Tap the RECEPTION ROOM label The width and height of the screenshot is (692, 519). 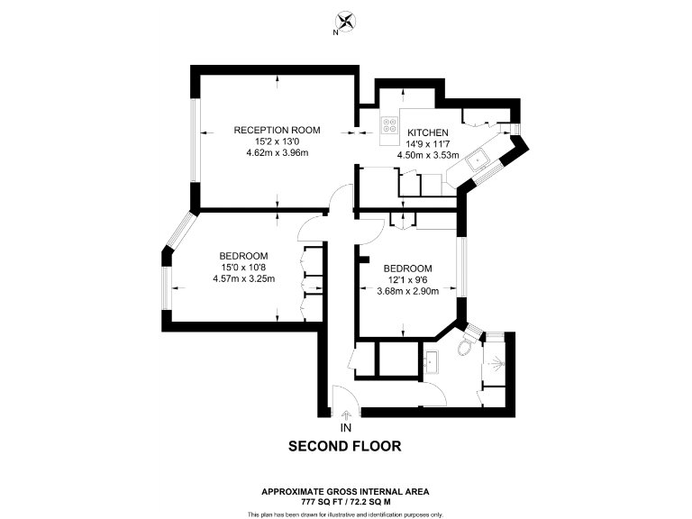coord(277,131)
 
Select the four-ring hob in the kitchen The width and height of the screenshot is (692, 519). coord(389,126)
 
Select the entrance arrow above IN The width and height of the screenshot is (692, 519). coord(346,414)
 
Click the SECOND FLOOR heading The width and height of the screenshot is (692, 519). coord(344,446)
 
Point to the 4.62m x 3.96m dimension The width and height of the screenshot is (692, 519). coord(277,153)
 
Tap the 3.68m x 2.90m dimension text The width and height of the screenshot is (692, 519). coord(407,291)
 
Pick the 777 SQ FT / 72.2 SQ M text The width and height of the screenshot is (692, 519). coord(345,499)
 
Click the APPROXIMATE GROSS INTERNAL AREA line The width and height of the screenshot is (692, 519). coord(345,490)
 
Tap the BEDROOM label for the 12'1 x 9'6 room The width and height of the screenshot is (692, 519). coord(407,269)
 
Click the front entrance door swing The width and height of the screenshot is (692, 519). coord(345,396)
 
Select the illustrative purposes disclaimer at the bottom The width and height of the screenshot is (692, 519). coord(345,514)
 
